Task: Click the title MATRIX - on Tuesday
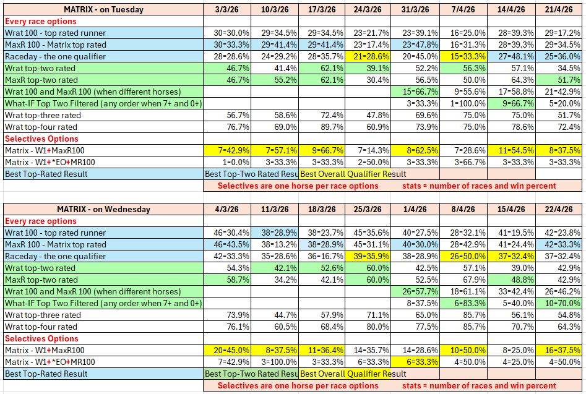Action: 103,9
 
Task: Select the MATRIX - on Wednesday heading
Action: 103,209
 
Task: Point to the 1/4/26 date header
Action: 416,209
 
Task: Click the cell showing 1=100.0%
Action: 463,103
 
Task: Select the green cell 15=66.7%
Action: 416,92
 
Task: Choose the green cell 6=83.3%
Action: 463,303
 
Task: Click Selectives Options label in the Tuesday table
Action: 41,139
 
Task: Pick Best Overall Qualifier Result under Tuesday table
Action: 353,174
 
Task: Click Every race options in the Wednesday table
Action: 41,221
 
